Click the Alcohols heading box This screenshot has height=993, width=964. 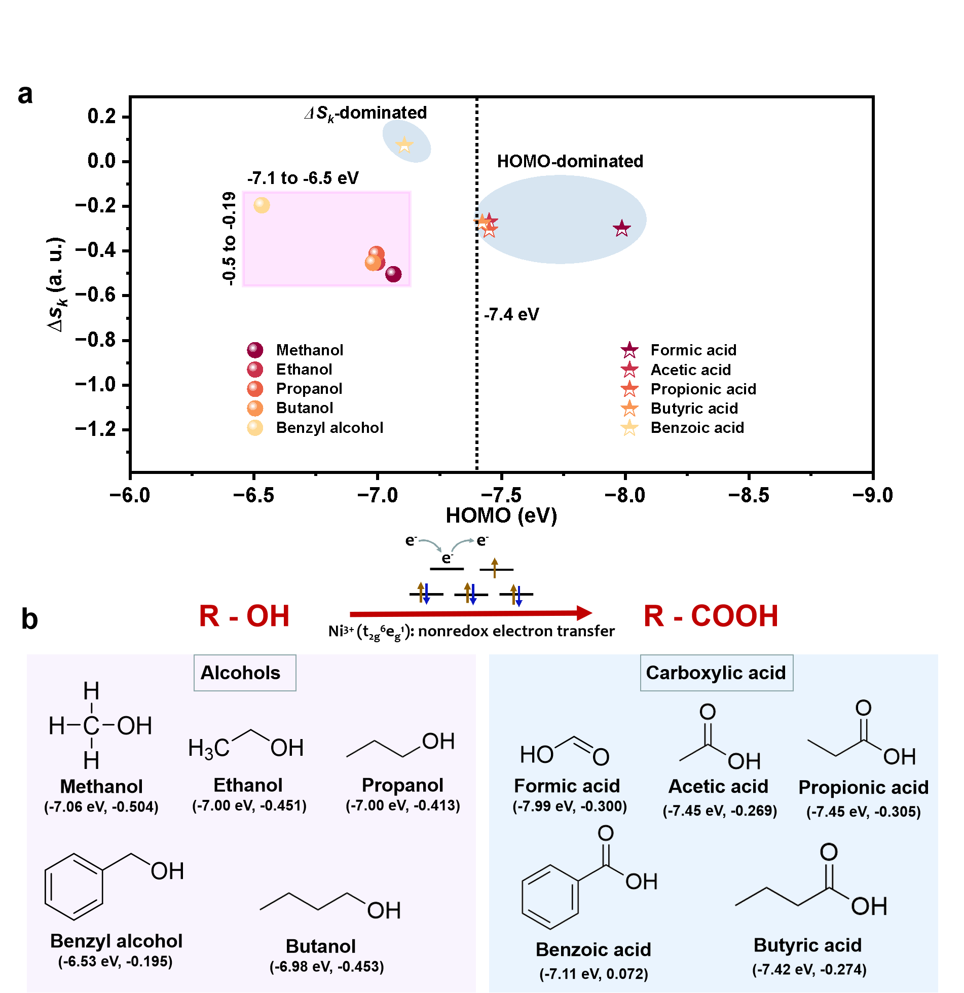[244, 673]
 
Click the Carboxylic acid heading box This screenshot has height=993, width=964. [716, 673]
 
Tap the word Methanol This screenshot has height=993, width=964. [101, 787]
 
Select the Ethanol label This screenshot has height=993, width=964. [248, 785]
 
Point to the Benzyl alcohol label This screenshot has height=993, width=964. [116, 941]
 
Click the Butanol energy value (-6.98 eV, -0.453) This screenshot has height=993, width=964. [326, 967]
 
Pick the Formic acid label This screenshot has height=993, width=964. [567, 786]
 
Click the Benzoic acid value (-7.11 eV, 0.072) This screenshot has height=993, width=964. [594, 974]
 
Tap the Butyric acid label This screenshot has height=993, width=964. [807, 945]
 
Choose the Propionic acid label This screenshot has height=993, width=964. [863, 788]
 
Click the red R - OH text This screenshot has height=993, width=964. [244, 616]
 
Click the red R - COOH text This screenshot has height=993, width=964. [711, 616]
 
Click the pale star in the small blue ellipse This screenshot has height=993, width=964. [404, 145]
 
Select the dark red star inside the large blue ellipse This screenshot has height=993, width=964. [621, 229]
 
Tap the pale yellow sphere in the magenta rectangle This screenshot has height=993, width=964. [262, 205]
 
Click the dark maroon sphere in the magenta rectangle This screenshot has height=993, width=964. [393, 274]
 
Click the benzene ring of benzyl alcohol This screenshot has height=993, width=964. [74, 887]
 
